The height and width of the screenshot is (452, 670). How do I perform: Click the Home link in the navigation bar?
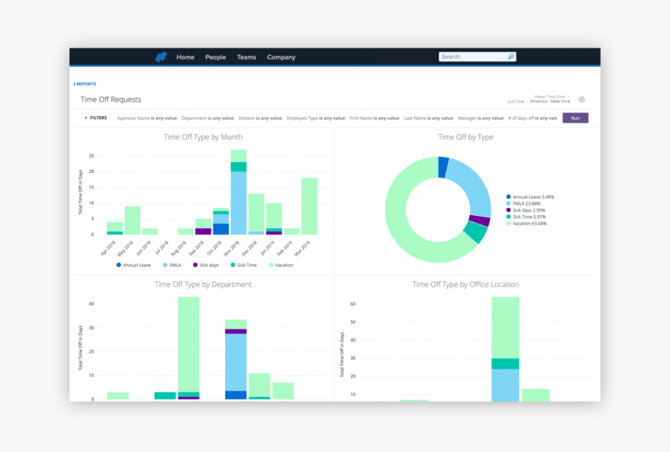[x=185, y=57]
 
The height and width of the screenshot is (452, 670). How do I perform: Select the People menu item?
[x=215, y=57]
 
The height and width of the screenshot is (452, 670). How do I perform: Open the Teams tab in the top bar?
[x=246, y=57]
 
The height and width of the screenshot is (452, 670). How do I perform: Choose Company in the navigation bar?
[x=281, y=57]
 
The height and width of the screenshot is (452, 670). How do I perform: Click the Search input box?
[x=472, y=57]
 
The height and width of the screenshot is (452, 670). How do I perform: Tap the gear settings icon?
[x=581, y=100]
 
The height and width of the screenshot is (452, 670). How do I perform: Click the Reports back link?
[x=85, y=83]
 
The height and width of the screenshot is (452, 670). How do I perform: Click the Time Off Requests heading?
[x=111, y=100]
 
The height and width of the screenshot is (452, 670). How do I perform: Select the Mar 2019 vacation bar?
[x=309, y=206]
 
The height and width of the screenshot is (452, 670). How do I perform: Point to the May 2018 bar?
[x=132, y=221]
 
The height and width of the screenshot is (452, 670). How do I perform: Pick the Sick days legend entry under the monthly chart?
[x=206, y=265]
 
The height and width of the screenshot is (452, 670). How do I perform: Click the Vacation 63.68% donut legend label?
[x=529, y=224]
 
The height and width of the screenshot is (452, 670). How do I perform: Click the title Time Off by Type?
[x=465, y=137]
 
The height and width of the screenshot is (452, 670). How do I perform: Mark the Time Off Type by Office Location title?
[x=465, y=284]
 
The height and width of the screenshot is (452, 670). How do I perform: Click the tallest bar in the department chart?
[x=189, y=344]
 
